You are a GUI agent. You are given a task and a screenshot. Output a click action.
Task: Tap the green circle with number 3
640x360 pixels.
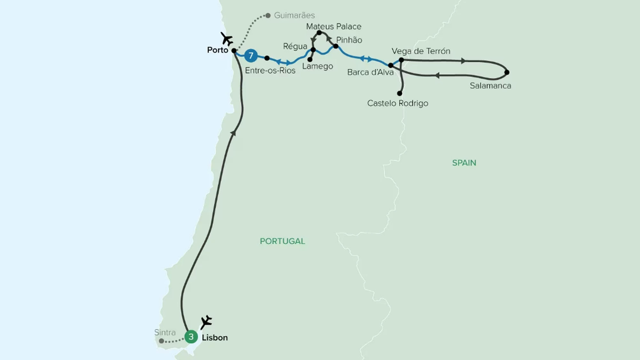coord(191,337)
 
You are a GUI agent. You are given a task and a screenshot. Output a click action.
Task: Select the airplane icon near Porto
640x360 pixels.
coord(227,39)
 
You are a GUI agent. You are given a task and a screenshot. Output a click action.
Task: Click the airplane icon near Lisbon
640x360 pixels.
coord(206,322)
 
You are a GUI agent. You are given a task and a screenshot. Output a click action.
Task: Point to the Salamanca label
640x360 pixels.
coord(490,86)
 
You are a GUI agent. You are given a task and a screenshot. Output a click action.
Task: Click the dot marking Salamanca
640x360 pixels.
coord(507,72)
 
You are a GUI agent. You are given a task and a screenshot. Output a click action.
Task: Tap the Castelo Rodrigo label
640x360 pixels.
coord(397,103)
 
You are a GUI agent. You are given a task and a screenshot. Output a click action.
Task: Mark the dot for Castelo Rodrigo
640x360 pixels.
coord(399,93)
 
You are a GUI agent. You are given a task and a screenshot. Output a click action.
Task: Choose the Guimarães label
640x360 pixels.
coord(294,15)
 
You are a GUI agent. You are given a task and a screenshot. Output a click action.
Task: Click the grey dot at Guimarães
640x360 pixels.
coord(268,15)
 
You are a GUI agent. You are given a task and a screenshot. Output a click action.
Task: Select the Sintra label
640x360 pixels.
coord(165,332)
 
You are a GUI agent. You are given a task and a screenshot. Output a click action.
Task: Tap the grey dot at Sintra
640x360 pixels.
coord(162,341)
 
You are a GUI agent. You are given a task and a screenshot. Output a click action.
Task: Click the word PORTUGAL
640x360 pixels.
coord(282,241)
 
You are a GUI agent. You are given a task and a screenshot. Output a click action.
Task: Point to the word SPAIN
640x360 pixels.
coord(464,163)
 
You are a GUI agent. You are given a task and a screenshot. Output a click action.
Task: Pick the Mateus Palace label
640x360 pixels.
coord(333,27)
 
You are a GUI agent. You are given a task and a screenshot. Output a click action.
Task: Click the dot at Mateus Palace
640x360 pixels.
coord(319,33)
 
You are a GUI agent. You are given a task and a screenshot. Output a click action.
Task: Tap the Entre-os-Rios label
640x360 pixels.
coord(270,70)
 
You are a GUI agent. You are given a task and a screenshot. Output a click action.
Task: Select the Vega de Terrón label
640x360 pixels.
coord(421,51)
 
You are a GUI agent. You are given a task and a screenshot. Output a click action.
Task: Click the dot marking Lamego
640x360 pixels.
coord(310,60)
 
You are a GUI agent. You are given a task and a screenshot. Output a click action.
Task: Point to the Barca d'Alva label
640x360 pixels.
coord(370,72)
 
